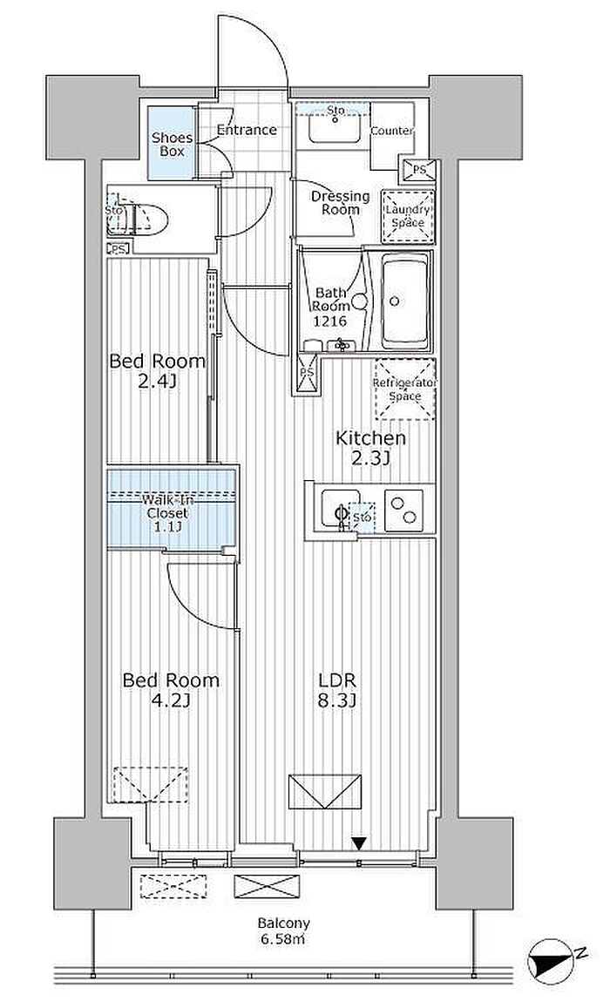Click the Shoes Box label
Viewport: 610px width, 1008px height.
click(x=172, y=145)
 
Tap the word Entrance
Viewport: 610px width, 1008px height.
click(x=247, y=130)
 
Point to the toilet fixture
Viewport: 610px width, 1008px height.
click(x=146, y=220)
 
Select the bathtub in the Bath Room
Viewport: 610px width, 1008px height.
click(x=405, y=301)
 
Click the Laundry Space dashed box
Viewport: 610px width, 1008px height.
click(x=408, y=217)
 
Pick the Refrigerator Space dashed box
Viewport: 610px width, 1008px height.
click(x=405, y=389)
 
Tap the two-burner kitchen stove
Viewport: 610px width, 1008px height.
click(x=403, y=511)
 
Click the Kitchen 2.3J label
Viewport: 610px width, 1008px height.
click(x=371, y=448)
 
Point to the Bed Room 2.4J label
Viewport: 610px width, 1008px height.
click(x=158, y=371)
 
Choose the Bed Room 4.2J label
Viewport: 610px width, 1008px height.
click(x=171, y=689)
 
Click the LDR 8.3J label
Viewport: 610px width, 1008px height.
click(x=337, y=689)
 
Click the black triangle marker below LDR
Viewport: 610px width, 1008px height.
click(x=359, y=842)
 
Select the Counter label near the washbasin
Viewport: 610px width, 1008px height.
click(x=392, y=131)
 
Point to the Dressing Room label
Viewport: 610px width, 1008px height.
click(x=340, y=202)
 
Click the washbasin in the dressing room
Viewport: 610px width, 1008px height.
click(x=334, y=129)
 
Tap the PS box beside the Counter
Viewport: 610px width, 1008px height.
click(x=419, y=170)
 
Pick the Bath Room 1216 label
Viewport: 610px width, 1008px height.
click(x=330, y=307)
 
